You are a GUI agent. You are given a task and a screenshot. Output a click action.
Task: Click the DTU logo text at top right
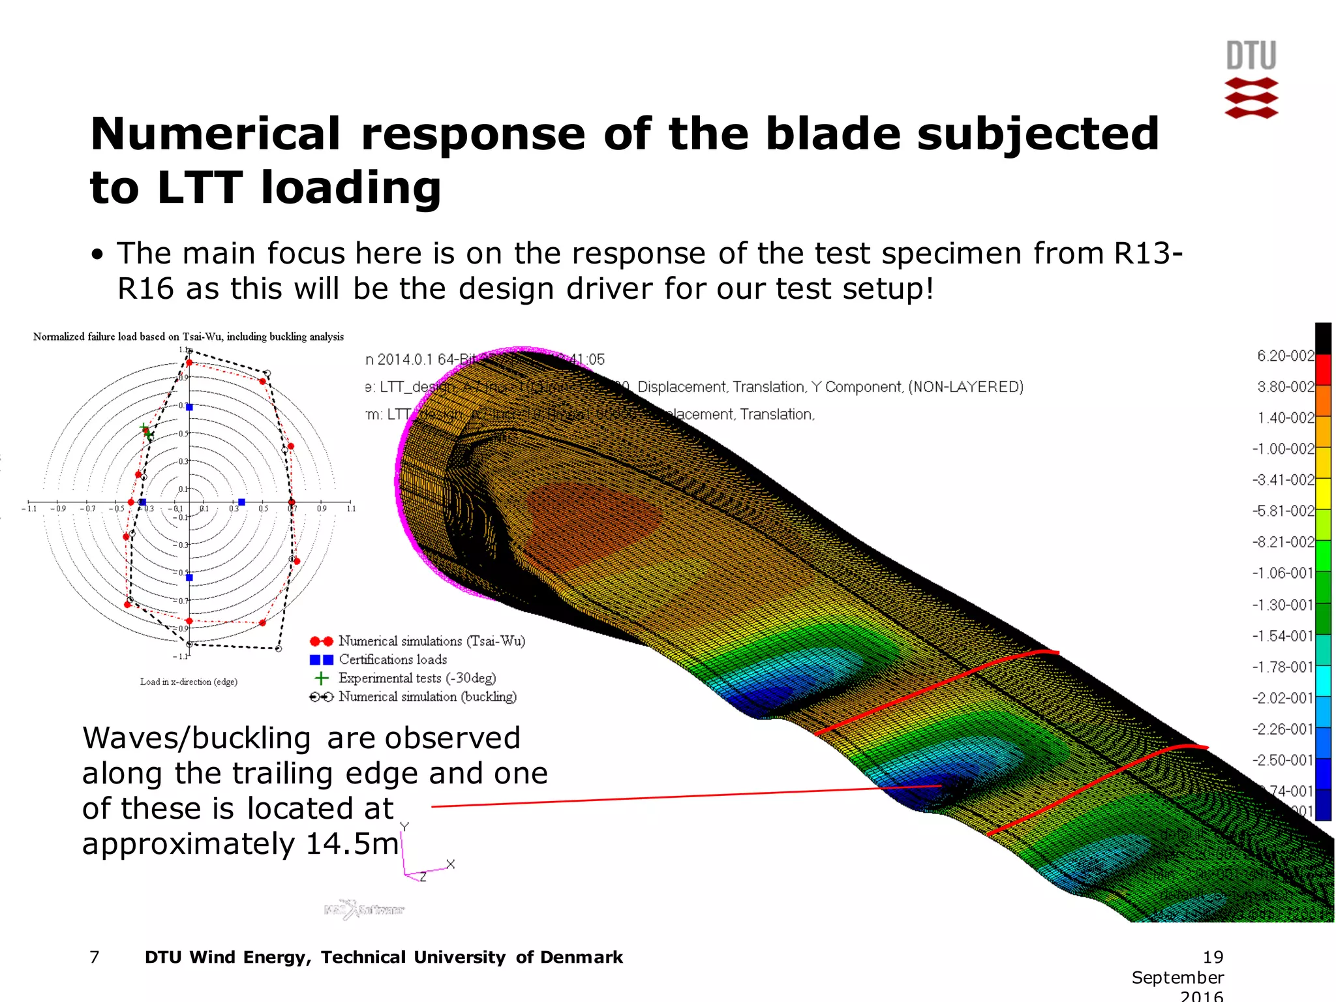1251,56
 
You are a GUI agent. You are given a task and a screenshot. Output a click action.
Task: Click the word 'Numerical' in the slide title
215,134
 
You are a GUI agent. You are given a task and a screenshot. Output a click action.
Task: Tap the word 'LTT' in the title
200,188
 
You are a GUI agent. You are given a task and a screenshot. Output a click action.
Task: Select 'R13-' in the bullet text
1147,254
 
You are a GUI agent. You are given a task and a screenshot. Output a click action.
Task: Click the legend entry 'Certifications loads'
393,660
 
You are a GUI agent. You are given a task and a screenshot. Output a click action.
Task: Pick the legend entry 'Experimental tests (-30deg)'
417,678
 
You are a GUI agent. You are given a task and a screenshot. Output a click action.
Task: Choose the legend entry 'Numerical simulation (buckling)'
427,697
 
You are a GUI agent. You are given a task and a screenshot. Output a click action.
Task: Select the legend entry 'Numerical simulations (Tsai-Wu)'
431,641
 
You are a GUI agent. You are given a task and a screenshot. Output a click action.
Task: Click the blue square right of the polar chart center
241,502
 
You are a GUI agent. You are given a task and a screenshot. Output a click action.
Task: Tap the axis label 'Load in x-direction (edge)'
189,682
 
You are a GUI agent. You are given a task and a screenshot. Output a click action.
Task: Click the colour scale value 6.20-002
1284,356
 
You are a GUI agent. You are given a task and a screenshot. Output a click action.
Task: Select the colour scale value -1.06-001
1282,573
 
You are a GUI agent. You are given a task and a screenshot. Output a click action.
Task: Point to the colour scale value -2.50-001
1282,760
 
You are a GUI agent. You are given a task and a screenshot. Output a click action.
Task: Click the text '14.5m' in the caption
352,844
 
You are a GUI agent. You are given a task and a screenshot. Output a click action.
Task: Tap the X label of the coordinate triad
450,864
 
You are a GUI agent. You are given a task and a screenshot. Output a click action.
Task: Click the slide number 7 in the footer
95,957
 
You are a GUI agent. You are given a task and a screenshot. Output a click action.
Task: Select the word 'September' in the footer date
1177,977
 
